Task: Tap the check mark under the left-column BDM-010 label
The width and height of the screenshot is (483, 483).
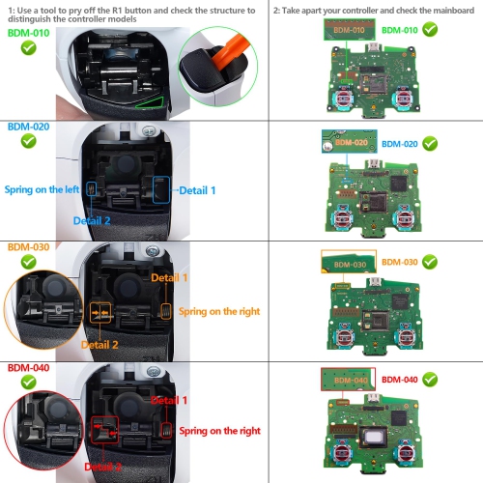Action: (29, 47)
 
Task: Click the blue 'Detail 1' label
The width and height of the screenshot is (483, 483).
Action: (198, 191)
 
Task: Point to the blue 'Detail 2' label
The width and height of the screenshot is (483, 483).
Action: (93, 220)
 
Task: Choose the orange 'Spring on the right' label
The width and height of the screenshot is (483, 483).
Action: (220, 311)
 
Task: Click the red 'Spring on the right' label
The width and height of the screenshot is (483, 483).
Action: (220, 430)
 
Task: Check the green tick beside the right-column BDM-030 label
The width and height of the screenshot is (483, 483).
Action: (429, 262)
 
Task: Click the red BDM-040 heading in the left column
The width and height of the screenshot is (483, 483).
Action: (29, 368)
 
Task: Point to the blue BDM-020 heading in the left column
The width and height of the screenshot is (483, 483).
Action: (29, 127)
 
